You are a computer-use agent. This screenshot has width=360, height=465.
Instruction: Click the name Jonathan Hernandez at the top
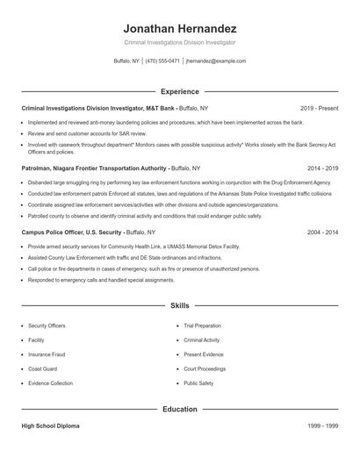tap(179, 28)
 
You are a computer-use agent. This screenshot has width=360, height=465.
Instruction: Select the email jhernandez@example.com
tap(216, 61)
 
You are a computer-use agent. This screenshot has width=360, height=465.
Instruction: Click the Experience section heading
tap(179, 91)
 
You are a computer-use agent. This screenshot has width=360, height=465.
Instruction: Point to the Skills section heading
tap(179, 306)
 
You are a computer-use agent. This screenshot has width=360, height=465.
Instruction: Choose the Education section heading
tap(179, 409)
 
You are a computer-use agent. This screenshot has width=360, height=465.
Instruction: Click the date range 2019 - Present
tap(319, 108)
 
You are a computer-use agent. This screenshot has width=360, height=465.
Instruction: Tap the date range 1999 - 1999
tap(322, 426)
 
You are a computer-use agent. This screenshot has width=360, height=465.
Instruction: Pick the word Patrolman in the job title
tap(38, 166)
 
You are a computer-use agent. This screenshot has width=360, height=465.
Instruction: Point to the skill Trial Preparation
tap(203, 325)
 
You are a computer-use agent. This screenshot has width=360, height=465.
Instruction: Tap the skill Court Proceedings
tap(205, 368)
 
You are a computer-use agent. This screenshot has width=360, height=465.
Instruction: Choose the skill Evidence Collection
tap(51, 383)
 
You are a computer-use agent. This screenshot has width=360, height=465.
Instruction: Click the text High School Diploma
tap(52, 426)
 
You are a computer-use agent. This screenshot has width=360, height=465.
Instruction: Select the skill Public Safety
tap(198, 383)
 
